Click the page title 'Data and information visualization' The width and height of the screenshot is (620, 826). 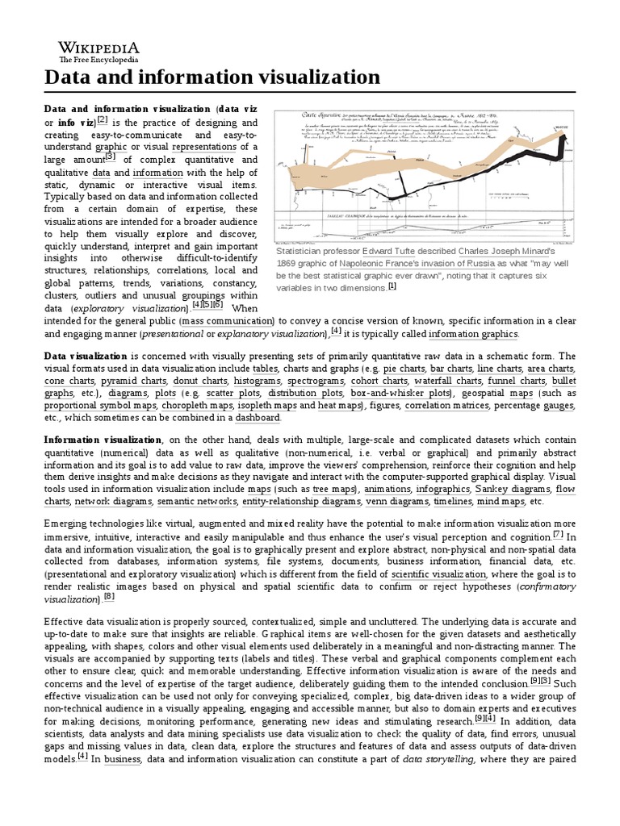click(x=211, y=77)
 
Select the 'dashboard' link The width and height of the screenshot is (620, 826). click(x=258, y=418)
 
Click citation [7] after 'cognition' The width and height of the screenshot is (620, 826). click(x=559, y=534)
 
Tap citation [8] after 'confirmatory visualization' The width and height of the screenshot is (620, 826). click(x=109, y=597)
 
